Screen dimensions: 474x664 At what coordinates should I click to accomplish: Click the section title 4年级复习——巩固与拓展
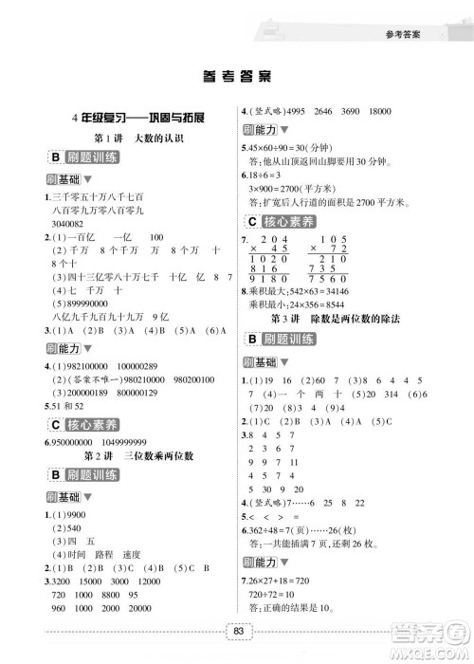(x=130, y=117)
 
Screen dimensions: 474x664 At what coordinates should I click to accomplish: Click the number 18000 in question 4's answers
(x=404, y=110)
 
